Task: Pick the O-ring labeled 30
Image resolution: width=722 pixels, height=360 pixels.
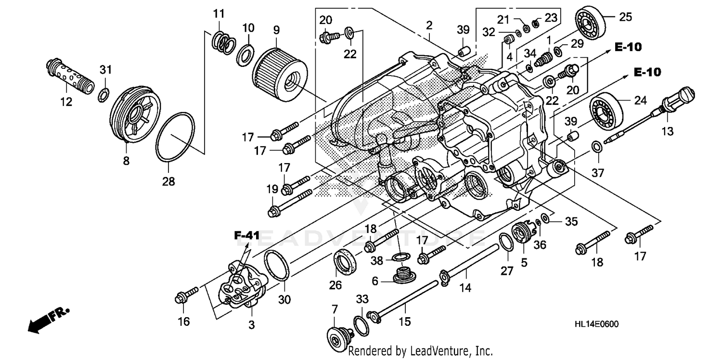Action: point(276,265)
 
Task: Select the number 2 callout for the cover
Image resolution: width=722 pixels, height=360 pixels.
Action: point(429,25)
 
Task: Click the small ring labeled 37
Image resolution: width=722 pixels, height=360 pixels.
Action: point(596,145)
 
